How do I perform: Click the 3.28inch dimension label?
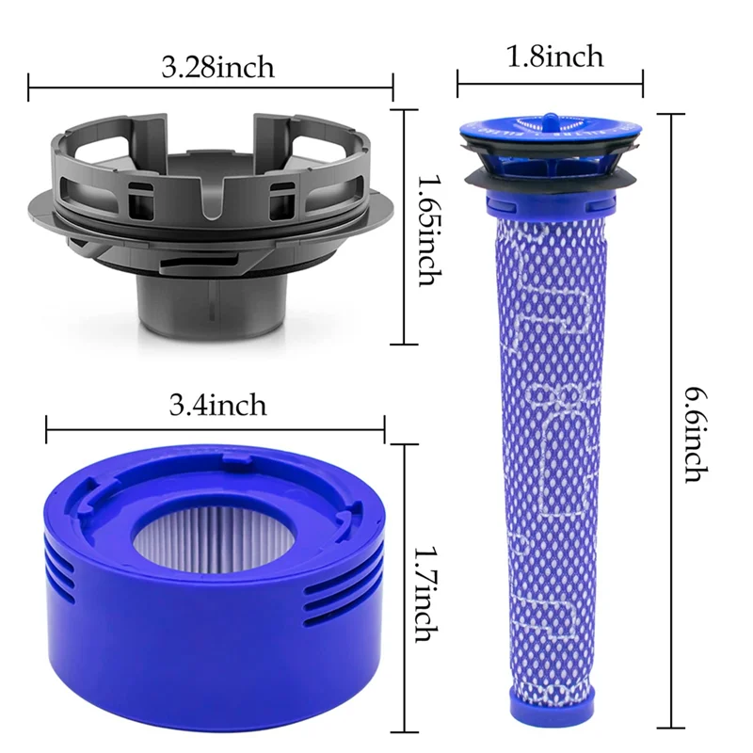[x=217, y=68]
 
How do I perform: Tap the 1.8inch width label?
[x=554, y=56]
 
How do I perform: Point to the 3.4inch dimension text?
[x=217, y=406]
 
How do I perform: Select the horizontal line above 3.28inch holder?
[x=211, y=91]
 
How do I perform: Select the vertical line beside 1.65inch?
[x=405, y=226]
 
